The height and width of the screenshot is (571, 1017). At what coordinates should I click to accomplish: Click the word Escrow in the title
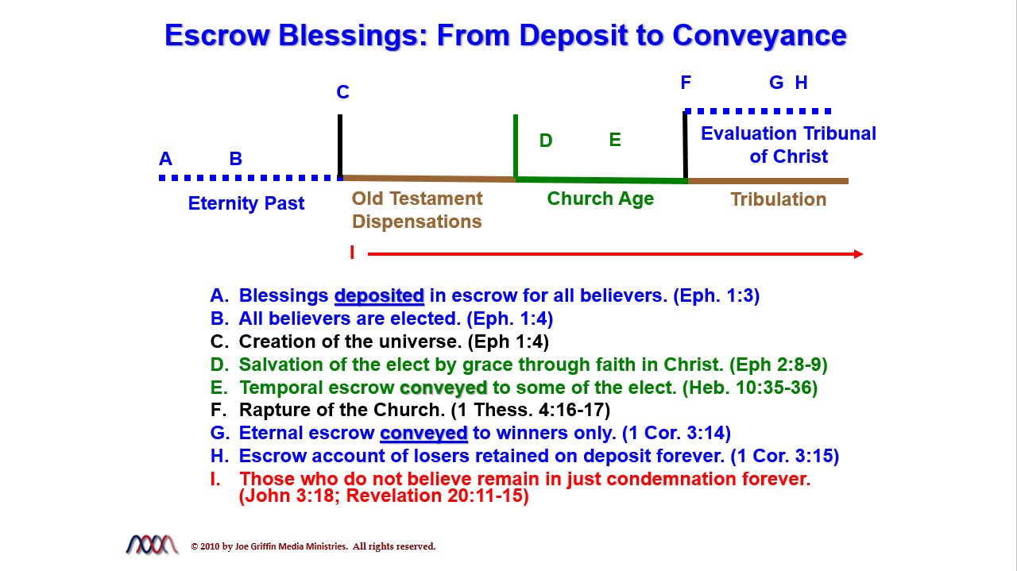click(217, 36)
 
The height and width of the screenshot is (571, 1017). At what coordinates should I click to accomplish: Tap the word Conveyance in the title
click(760, 37)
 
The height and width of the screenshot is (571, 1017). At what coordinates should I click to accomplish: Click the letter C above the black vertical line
click(342, 92)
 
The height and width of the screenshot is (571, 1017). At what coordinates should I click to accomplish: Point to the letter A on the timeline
click(166, 159)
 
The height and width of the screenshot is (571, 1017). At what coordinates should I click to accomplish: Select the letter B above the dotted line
click(236, 159)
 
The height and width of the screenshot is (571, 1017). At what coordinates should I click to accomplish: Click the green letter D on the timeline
click(546, 141)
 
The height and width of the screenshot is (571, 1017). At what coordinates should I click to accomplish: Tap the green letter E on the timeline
click(615, 140)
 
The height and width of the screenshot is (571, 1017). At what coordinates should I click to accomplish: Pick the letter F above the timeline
click(686, 83)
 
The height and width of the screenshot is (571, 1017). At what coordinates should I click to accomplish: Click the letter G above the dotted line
click(776, 83)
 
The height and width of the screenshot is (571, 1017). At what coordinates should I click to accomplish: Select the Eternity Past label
click(246, 203)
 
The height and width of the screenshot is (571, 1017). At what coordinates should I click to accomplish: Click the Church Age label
click(600, 199)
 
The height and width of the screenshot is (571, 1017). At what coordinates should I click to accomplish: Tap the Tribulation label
click(778, 199)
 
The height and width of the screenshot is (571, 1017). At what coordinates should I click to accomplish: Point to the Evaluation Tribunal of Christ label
click(789, 145)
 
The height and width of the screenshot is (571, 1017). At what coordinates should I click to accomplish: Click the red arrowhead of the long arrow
click(859, 254)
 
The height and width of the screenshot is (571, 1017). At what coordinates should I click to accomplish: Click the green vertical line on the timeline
click(516, 146)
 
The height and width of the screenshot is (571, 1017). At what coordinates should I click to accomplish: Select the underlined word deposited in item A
click(379, 296)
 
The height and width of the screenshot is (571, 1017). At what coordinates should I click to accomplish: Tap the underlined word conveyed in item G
click(423, 434)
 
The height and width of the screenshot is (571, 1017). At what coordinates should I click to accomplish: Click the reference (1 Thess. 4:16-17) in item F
click(530, 411)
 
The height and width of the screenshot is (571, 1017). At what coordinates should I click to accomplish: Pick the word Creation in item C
click(277, 341)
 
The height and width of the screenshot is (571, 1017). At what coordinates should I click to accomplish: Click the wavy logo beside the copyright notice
click(152, 545)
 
